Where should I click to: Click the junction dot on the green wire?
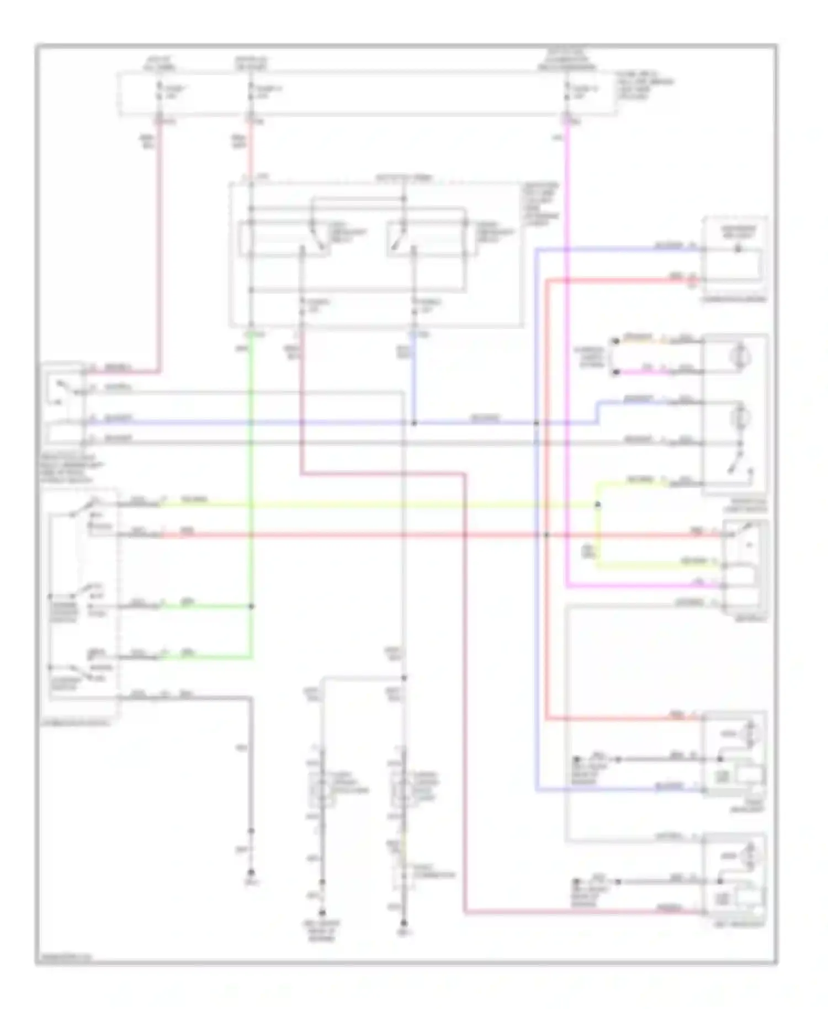click(x=251, y=606)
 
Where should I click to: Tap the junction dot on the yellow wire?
click(x=597, y=504)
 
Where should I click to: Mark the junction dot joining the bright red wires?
click(x=546, y=535)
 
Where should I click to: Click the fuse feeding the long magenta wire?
click(x=566, y=94)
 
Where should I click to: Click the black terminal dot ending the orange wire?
click(x=615, y=341)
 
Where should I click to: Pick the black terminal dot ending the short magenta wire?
click(x=615, y=373)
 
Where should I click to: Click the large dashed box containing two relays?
click(x=375, y=254)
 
